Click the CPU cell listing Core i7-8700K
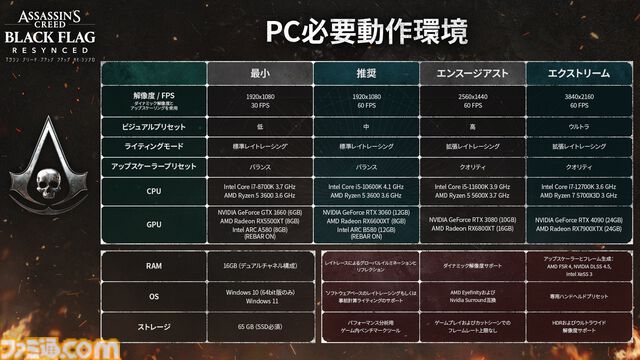click(260, 192)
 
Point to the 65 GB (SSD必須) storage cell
click(260, 325)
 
